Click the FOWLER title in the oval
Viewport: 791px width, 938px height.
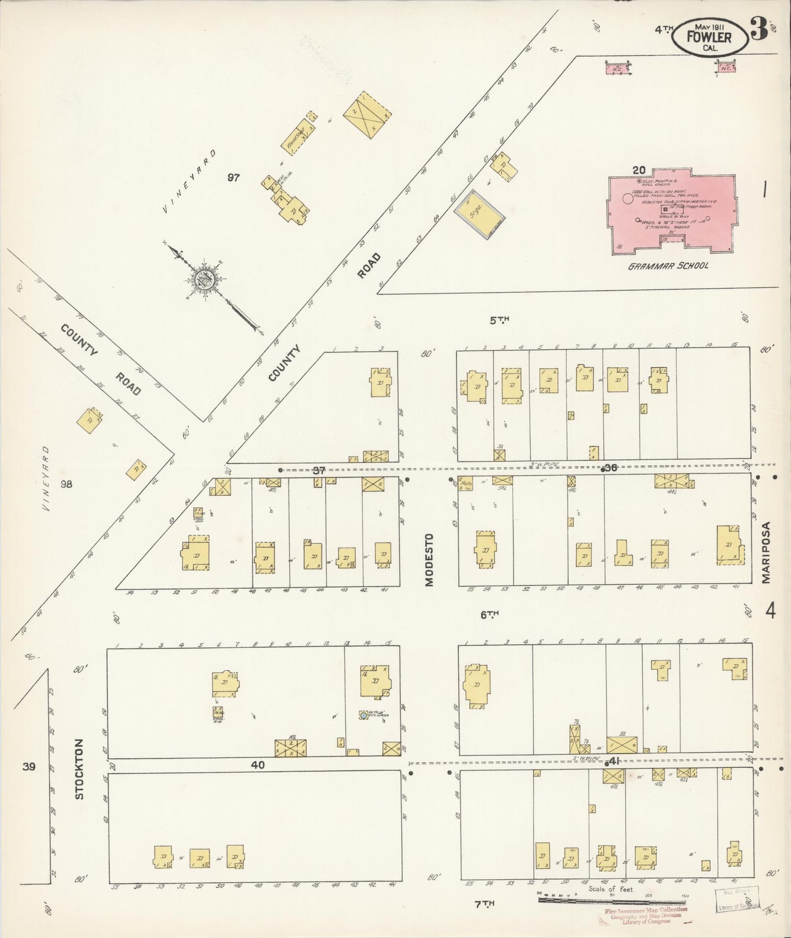click(709, 37)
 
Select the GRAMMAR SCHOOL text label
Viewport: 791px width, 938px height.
click(668, 266)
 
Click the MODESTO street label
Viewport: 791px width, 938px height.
click(429, 559)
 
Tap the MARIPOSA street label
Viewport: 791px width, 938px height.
click(765, 552)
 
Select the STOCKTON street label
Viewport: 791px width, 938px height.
click(79, 769)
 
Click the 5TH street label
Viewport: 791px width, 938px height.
click(499, 320)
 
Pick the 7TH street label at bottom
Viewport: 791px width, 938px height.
click(484, 905)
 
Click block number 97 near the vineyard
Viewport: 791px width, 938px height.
click(234, 177)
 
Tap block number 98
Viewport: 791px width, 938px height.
click(66, 484)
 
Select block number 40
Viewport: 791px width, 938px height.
click(257, 765)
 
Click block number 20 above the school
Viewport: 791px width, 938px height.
click(638, 170)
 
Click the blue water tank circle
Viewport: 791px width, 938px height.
click(363, 715)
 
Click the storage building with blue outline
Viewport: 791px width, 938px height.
click(479, 214)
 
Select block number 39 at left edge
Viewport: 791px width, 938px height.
click(29, 766)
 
